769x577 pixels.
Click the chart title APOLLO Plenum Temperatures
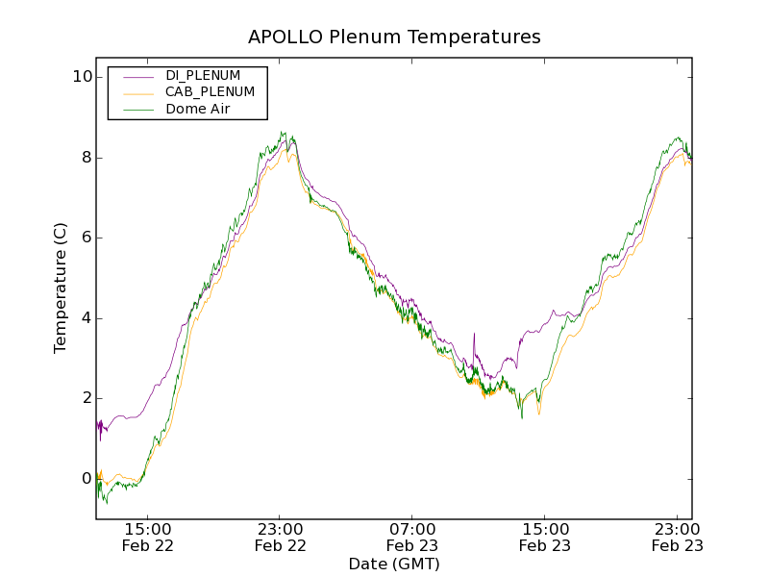pyautogui.click(x=394, y=38)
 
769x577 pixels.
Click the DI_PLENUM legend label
pyautogui.click(x=203, y=75)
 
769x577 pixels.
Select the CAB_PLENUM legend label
pyautogui.click(x=210, y=92)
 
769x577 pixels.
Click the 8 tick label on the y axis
pyautogui.click(x=86, y=158)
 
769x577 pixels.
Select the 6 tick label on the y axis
pyautogui.click(x=86, y=238)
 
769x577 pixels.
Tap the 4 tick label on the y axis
pyautogui.click(x=86, y=318)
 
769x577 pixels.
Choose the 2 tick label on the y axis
pyautogui.click(x=86, y=398)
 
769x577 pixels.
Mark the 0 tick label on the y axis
pyautogui.click(x=86, y=479)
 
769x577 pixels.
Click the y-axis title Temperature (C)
pyautogui.click(x=61, y=288)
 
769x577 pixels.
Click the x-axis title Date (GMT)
pyautogui.click(x=394, y=564)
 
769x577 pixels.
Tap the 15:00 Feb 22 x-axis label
pyautogui.click(x=147, y=537)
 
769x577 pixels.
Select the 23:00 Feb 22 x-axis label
pyautogui.click(x=280, y=537)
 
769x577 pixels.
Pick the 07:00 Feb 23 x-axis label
pyautogui.click(x=412, y=537)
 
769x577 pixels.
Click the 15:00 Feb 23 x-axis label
pyautogui.click(x=544, y=537)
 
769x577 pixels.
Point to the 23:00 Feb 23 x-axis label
pyautogui.click(x=677, y=537)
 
